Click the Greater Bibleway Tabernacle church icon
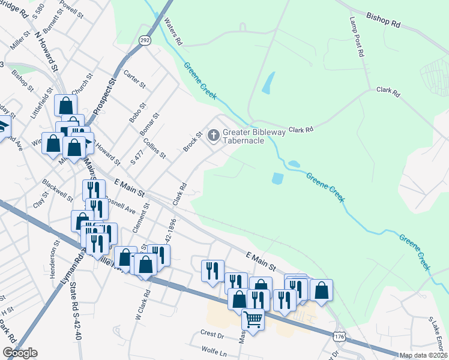pos(213,136)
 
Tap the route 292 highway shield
pos(145,40)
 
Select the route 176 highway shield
pos(339,338)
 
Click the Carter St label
pos(134,79)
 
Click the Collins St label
pos(155,148)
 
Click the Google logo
pos(20,353)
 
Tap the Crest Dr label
pos(212,334)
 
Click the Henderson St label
pos(57,256)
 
